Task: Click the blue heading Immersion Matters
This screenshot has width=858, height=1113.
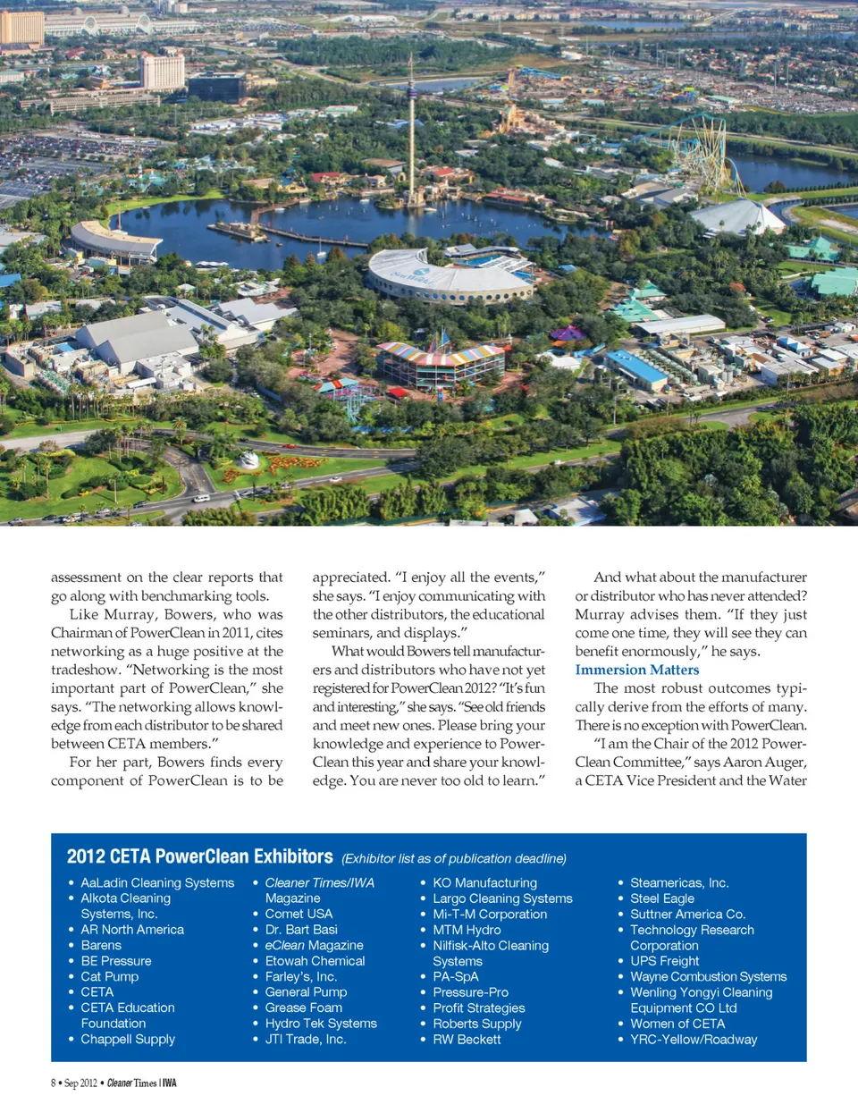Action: tap(636, 670)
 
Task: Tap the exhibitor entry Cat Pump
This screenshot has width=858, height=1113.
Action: tap(109, 976)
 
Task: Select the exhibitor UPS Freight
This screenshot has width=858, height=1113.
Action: tap(664, 961)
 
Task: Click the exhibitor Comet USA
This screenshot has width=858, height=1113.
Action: tap(299, 914)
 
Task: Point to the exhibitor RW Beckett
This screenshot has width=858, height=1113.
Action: tap(467, 1039)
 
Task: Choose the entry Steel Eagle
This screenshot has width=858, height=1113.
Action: tap(661, 898)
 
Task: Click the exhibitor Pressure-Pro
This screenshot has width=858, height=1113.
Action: tap(470, 992)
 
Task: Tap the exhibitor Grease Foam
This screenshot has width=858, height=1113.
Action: tap(303, 1008)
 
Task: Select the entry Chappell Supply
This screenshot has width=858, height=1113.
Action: tap(128, 1039)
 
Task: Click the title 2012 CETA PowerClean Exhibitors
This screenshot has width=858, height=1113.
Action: tap(199, 856)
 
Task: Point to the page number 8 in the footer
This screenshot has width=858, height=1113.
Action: tap(54, 1083)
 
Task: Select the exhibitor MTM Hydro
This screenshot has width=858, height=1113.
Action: tap(467, 930)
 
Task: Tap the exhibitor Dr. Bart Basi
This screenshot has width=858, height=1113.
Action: tap(301, 930)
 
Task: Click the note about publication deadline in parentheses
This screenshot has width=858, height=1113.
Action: tap(453, 858)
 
